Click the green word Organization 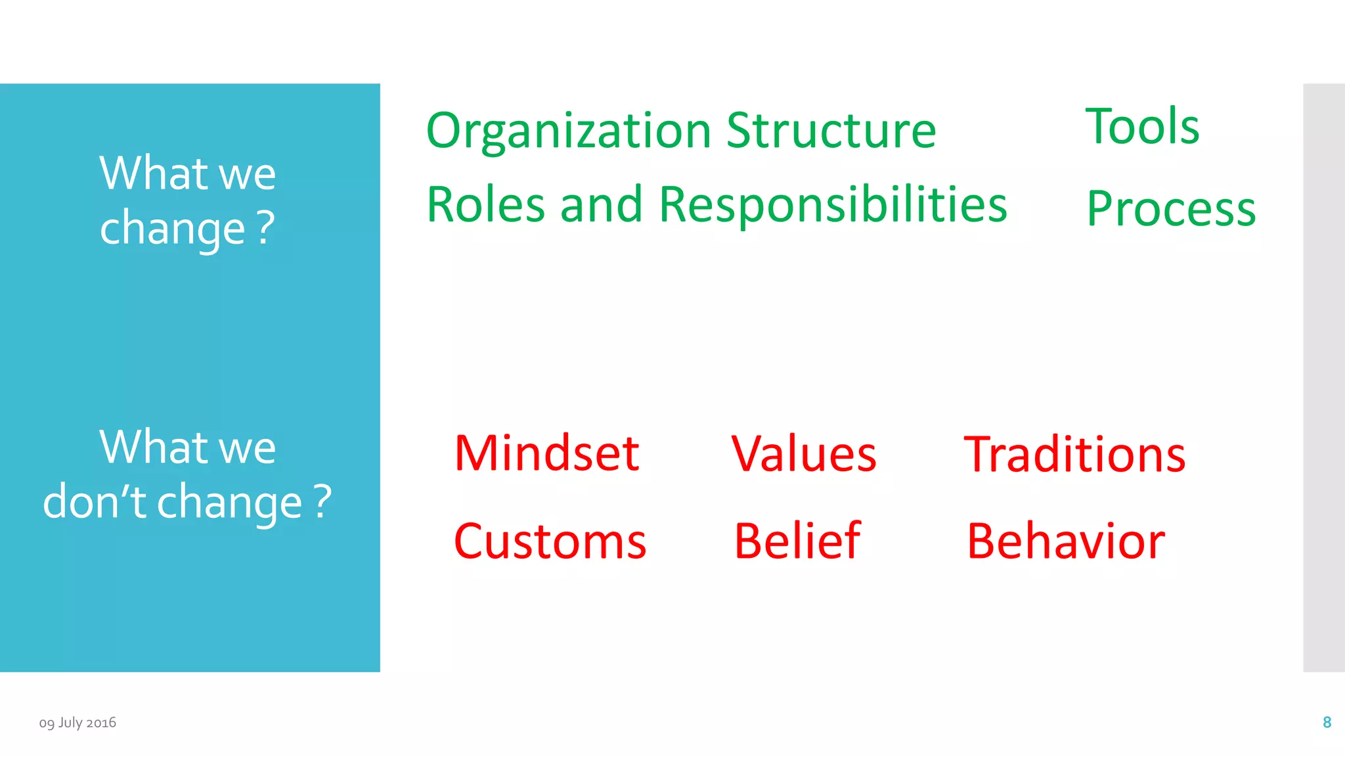point(569,131)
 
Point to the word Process point(1171,208)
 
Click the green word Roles point(485,204)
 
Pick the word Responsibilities point(833,205)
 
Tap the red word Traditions point(1074,454)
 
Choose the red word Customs point(550,541)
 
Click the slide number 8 point(1327,722)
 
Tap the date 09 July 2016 point(77,722)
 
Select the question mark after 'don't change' point(322,501)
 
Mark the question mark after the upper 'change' point(265,227)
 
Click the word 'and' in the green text point(601,204)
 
